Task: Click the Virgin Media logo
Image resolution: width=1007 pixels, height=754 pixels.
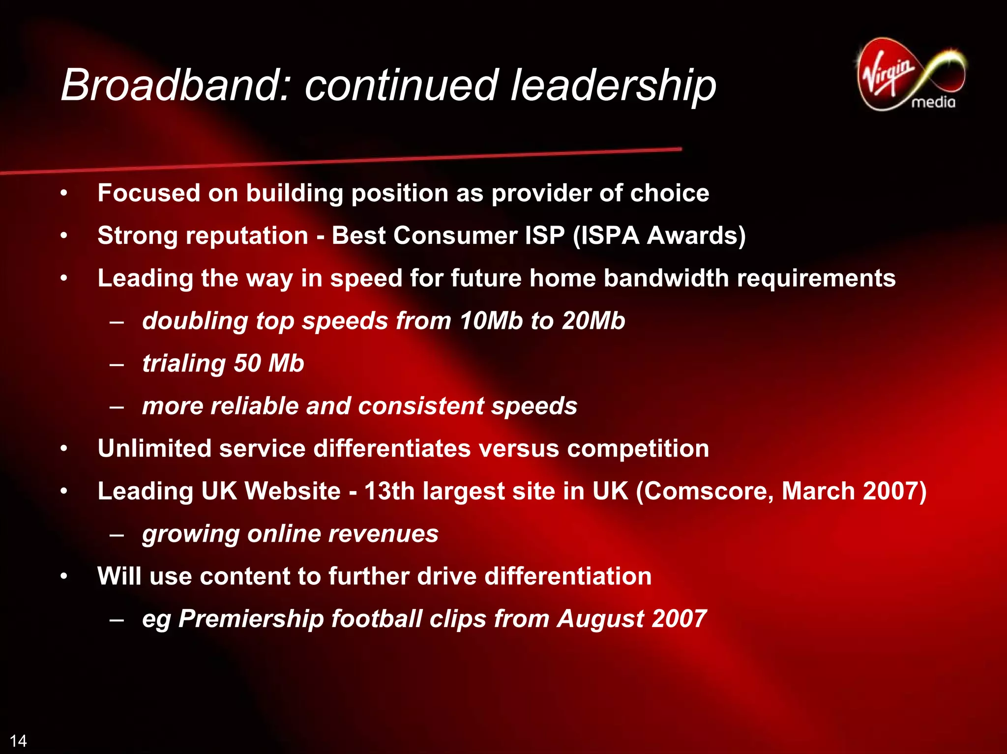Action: (x=911, y=75)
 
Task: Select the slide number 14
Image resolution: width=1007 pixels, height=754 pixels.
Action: (x=18, y=741)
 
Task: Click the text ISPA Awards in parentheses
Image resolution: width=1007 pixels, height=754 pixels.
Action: (x=659, y=235)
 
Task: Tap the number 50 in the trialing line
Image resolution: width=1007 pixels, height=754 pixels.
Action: (x=247, y=363)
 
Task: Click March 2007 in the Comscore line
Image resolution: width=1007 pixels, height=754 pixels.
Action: (x=853, y=491)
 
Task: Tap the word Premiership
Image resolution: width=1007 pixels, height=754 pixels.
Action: (x=251, y=618)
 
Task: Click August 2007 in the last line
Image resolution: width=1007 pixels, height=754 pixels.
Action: (x=631, y=618)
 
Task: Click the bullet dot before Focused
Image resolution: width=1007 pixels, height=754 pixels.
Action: (x=63, y=193)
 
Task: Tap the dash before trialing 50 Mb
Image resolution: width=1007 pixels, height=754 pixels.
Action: (x=117, y=364)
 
